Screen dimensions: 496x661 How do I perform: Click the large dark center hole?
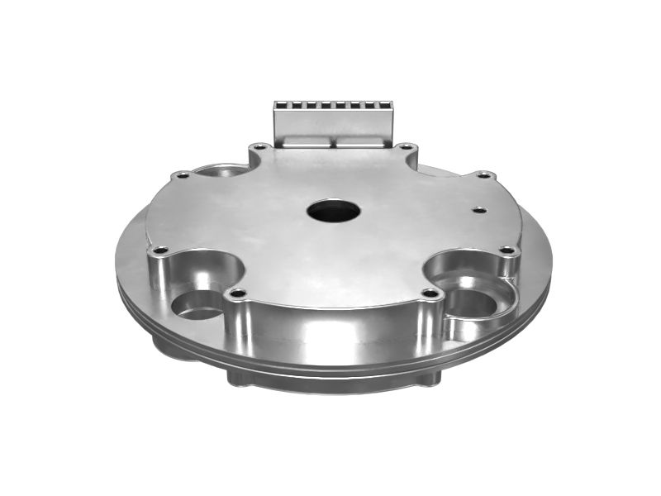pyautogui.click(x=333, y=211)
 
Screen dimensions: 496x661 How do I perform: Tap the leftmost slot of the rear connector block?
pyautogui.click(x=280, y=106)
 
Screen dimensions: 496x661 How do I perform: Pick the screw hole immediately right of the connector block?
pyautogui.click(x=406, y=147)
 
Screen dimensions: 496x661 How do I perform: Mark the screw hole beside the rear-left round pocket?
pyautogui.click(x=181, y=175)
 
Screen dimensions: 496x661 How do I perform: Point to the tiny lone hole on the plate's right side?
pyautogui.click(x=479, y=210)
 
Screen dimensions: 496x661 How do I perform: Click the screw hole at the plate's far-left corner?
pyautogui.click(x=160, y=250)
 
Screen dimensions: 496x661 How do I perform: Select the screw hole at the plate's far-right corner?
pyautogui.click(x=508, y=250)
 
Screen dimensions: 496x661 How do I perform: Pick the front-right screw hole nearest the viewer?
pyautogui.click(x=430, y=293)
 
